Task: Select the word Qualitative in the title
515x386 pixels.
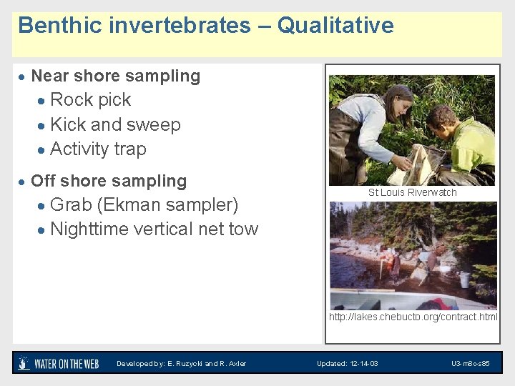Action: (335, 26)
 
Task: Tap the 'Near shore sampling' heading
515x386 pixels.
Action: (115, 76)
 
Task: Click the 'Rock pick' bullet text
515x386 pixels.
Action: (91, 99)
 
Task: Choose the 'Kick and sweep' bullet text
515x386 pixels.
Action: (115, 124)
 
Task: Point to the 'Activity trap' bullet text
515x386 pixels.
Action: (98, 149)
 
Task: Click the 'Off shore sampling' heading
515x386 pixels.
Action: (109, 181)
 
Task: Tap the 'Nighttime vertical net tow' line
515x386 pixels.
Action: (154, 229)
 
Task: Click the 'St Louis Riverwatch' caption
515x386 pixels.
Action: (412, 192)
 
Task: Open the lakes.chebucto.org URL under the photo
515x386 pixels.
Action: (413, 317)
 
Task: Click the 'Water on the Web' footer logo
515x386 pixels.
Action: (59, 363)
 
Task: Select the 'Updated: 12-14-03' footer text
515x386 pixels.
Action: (348, 364)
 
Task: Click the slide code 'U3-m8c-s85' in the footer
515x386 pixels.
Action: (470, 364)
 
